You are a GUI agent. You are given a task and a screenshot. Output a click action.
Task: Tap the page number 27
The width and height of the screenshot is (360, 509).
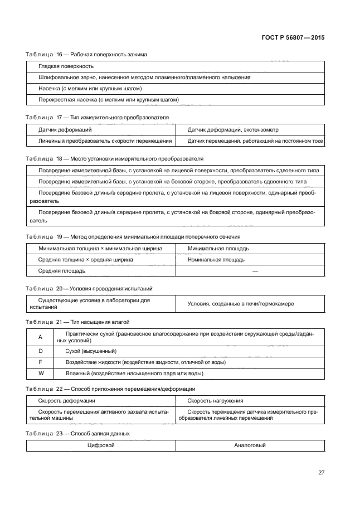(x=321, y=473)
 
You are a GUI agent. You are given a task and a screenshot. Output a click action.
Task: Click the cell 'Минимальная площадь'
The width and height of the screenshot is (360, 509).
(x=218, y=248)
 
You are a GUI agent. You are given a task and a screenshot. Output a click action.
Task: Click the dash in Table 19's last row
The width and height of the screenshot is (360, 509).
(x=255, y=270)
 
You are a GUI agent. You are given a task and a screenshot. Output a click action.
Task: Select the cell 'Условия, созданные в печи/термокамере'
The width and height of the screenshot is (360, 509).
(x=241, y=303)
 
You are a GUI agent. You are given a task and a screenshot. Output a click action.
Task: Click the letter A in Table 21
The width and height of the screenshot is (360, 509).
(x=40, y=337)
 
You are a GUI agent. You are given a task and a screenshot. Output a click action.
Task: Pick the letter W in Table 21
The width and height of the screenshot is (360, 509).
(x=40, y=373)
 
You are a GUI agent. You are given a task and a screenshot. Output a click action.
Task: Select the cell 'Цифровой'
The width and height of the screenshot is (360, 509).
(x=101, y=445)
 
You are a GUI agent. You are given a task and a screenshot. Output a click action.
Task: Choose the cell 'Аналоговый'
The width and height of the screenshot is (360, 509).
(x=250, y=445)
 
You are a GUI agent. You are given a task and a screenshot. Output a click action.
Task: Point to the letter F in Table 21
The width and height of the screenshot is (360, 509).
(x=40, y=362)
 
